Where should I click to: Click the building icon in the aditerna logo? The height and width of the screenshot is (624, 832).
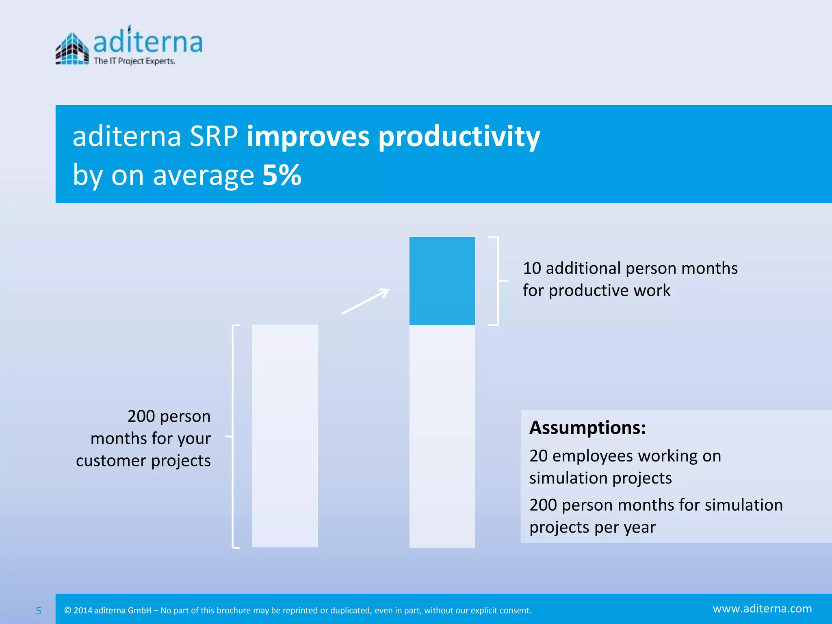point(72,49)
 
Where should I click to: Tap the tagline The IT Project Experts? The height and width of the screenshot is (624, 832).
point(134,61)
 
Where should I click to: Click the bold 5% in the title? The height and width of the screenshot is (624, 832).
point(282,175)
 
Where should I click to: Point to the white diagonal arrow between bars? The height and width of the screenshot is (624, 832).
point(366,301)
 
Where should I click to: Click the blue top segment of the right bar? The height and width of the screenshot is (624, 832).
point(442,281)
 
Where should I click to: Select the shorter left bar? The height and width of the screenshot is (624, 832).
point(285,435)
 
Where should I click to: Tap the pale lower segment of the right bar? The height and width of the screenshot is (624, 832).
point(442,436)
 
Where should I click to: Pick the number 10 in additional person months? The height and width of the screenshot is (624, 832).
point(532,269)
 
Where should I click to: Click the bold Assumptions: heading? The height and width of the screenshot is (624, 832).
point(587,428)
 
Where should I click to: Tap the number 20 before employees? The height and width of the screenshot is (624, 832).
point(539,456)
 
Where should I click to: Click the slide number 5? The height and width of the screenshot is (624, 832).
point(39,611)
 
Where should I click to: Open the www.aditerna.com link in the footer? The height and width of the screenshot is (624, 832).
point(762,609)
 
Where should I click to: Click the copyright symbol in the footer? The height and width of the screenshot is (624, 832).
point(68,610)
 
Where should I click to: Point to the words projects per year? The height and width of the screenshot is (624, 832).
point(592,527)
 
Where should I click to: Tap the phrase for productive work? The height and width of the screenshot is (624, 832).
point(596,291)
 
